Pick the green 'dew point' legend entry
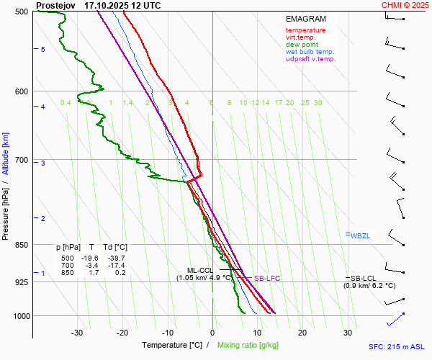tap(302, 45)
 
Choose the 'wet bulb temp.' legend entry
tap(310, 52)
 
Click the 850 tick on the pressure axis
tap(21, 245)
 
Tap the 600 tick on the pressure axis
tap(21, 91)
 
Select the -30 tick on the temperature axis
tap(77, 332)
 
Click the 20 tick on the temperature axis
tap(302, 332)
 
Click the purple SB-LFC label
tap(266, 278)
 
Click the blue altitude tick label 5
tap(43, 49)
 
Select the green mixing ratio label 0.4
tap(66, 103)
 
